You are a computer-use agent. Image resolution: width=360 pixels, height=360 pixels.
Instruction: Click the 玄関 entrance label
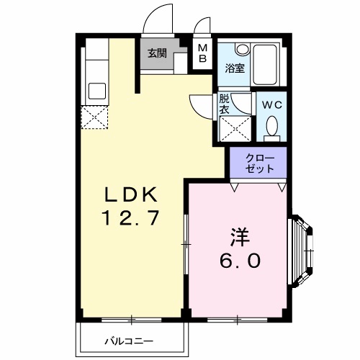coord(157,53)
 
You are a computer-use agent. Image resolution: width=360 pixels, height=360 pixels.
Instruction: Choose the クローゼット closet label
coord(258,163)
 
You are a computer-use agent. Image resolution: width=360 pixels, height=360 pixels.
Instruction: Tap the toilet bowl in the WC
coord(271,129)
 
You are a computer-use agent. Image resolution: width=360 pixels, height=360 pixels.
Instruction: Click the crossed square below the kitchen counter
coord(94,117)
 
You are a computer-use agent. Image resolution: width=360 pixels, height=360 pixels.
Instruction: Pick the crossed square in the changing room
coord(233,130)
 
